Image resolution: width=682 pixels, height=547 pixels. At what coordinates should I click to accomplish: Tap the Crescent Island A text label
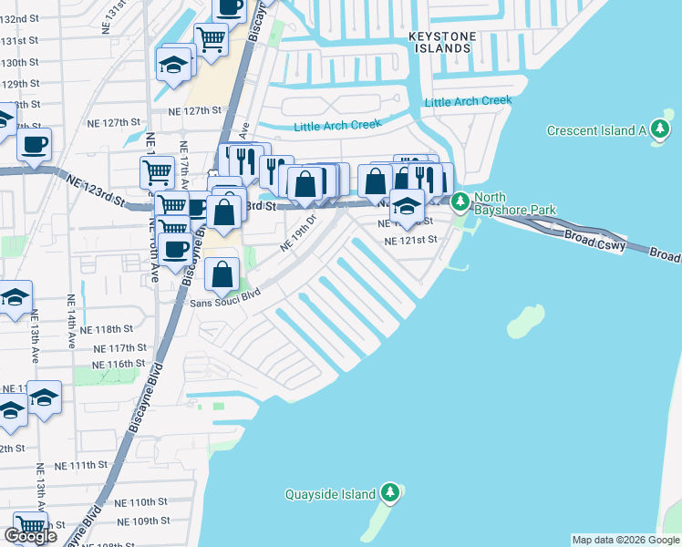596,130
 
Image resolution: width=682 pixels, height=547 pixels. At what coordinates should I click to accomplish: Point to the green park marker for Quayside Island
390,493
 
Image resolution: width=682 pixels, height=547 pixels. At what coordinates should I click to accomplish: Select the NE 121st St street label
411,241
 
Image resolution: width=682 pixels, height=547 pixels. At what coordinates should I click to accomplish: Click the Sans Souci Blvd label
225,297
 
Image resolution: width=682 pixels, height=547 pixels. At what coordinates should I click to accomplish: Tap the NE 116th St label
125,364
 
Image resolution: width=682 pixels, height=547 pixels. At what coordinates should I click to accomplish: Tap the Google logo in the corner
30,536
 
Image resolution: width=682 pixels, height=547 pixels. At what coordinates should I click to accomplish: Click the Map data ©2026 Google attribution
625,540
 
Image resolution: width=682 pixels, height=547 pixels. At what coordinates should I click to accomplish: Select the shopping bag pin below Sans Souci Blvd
222,273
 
